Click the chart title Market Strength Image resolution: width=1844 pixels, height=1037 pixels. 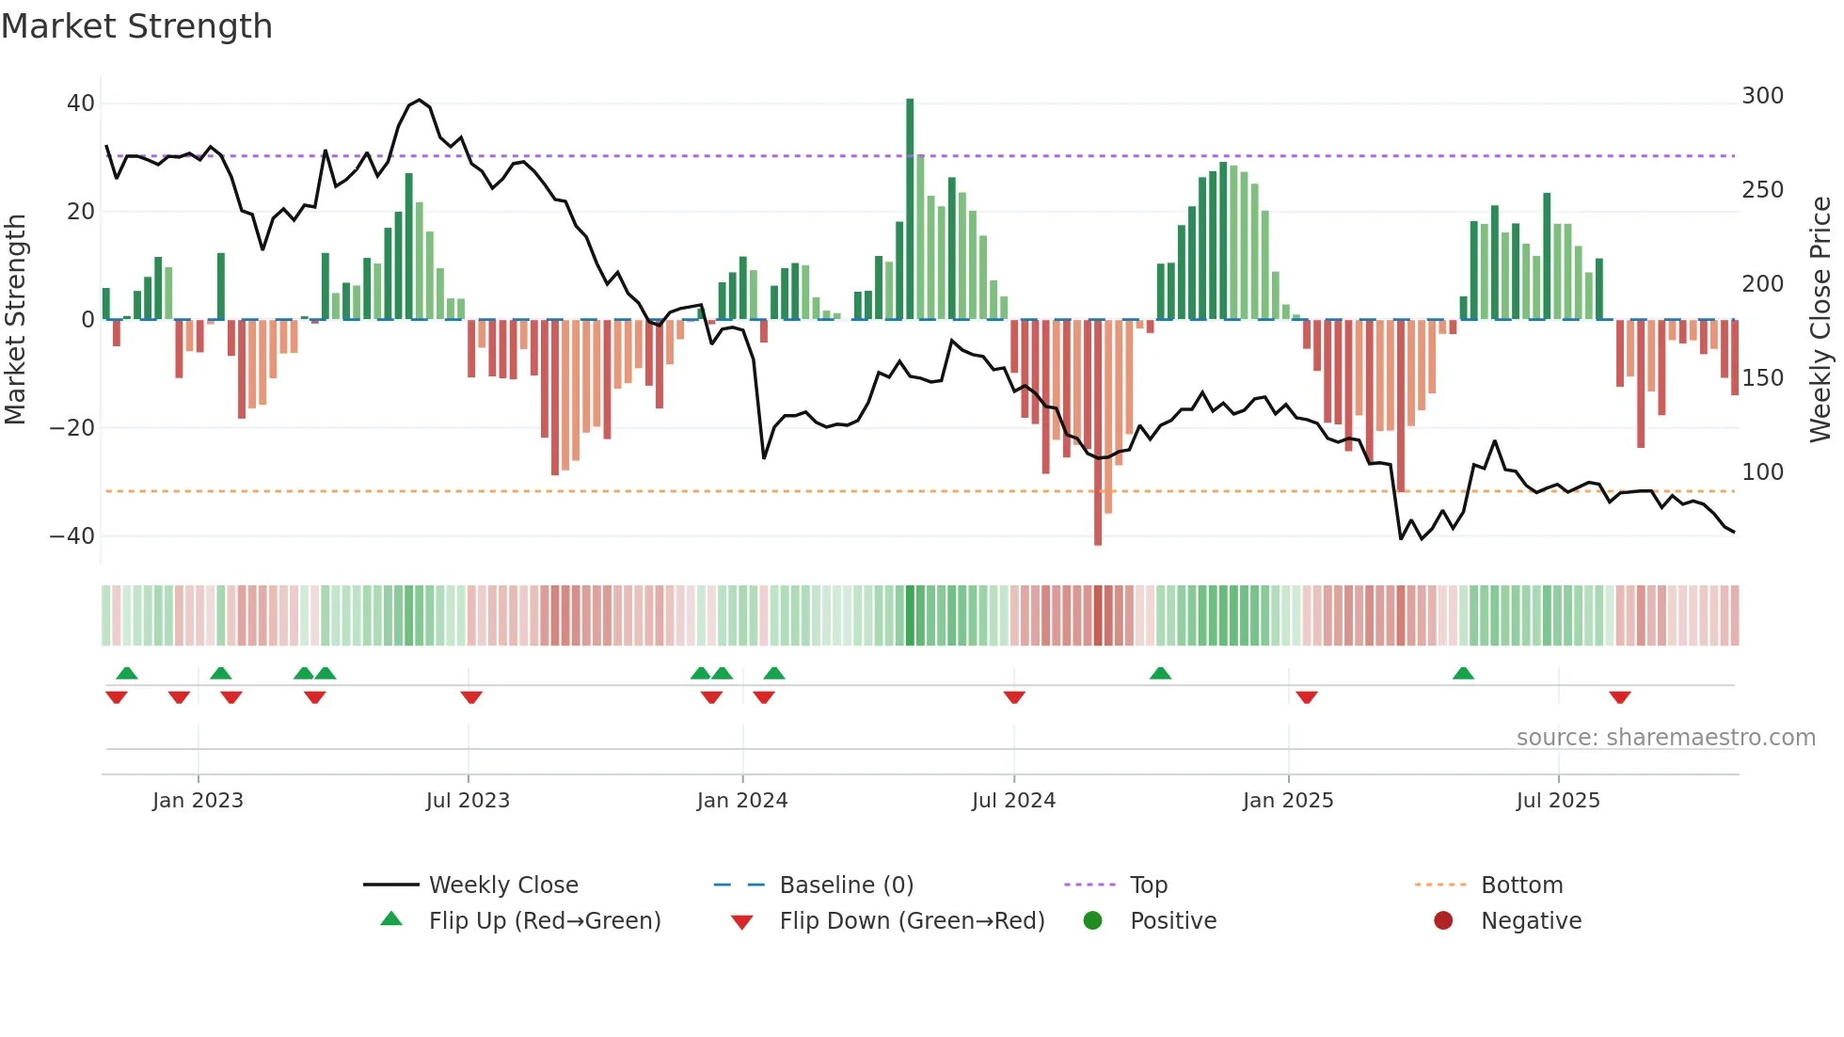pyautogui.click(x=136, y=26)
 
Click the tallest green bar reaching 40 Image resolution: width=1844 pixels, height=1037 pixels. pyautogui.click(x=910, y=207)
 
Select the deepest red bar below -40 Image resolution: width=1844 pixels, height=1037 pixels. pyautogui.click(x=1098, y=433)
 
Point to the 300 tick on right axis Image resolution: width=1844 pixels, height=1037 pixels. pyautogui.click(x=1762, y=96)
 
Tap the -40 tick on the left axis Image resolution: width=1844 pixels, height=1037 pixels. pyautogui.click(x=72, y=536)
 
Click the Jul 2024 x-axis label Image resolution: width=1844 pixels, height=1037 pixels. pyautogui.click(x=1013, y=801)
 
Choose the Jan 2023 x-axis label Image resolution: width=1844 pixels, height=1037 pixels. pyautogui.click(x=198, y=801)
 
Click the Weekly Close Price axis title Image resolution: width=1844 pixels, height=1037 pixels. pyautogui.click(x=1820, y=320)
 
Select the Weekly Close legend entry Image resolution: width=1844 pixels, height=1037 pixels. pyautogui.click(x=503, y=885)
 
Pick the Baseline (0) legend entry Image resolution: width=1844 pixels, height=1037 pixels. pyautogui.click(x=846, y=885)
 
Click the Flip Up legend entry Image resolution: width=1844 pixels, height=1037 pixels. pyautogui.click(x=544, y=921)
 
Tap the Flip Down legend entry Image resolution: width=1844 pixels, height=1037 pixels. pyautogui.click(x=911, y=921)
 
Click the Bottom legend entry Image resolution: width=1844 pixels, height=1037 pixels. pyautogui.click(x=1521, y=885)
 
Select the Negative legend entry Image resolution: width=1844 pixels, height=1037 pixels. pyautogui.click(x=1531, y=921)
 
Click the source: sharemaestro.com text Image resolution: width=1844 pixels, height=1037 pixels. pyautogui.click(x=1665, y=738)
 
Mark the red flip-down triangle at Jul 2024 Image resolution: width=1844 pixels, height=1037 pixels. pyautogui.click(x=1014, y=697)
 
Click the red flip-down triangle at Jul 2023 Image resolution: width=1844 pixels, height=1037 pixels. pyautogui.click(x=471, y=697)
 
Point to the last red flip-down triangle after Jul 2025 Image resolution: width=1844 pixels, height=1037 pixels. pyautogui.click(x=1620, y=697)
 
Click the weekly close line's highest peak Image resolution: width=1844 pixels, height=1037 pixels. pyautogui.click(x=420, y=100)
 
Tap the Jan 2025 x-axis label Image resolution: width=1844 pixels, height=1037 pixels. pyautogui.click(x=1287, y=801)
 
